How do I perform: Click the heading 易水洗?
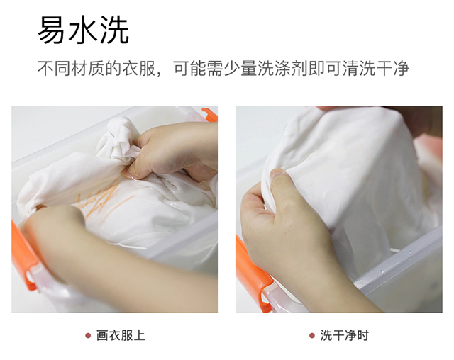pyautogui.click(x=84, y=30)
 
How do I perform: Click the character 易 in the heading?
pyautogui.click(x=52, y=30)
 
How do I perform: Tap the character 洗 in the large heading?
pyautogui.click(x=115, y=30)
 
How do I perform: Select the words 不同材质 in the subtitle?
pyautogui.click(x=71, y=69)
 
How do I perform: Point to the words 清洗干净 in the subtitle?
pyautogui.click(x=376, y=69)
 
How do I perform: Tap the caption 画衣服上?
pyautogui.click(x=121, y=336)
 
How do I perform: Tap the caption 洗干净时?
pyautogui.click(x=345, y=336)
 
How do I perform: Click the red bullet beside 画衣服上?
pyautogui.click(x=88, y=336)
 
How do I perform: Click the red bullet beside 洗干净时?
pyautogui.click(x=312, y=336)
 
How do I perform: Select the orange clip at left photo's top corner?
pyautogui.click(x=211, y=114)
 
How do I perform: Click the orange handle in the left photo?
pyautogui.click(x=24, y=254)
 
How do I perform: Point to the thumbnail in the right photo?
pyautogui.click(x=278, y=174)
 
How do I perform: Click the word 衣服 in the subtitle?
pyautogui.click(x=138, y=69)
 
